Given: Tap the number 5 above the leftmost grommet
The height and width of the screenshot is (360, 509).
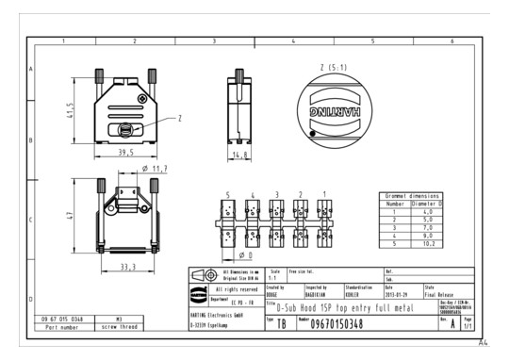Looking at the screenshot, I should (227, 194).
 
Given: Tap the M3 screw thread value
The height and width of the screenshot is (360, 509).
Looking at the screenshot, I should (119, 319).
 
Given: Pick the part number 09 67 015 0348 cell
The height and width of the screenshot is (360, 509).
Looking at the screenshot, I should (63, 319).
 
